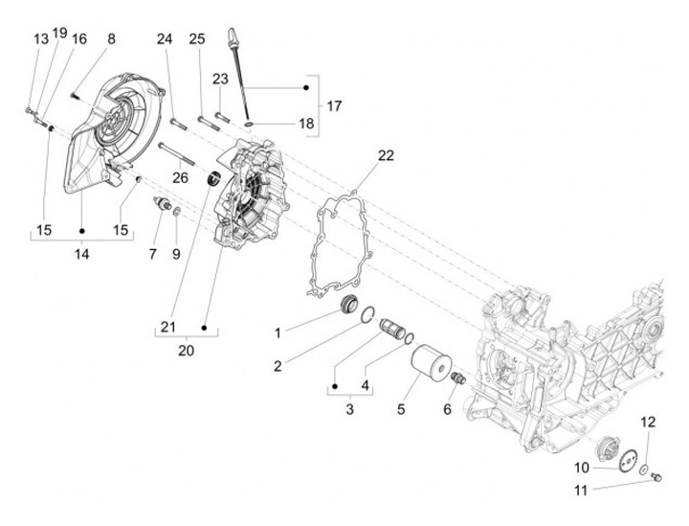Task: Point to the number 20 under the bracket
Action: pyautogui.click(x=186, y=350)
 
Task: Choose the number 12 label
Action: pyautogui.click(x=648, y=423)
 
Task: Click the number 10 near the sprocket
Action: pyautogui.click(x=582, y=468)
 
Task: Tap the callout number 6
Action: pyautogui.click(x=446, y=409)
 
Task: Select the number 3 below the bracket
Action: pyautogui.click(x=350, y=409)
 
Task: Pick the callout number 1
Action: pyautogui.click(x=277, y=332)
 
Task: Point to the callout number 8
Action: pyautogui.click(x=111, y=39)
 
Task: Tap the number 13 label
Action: pyautogui.click(x=40, y=39)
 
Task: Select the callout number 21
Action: pyautogui.click(x=168, y=327)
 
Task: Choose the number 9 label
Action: pyautogui.click(x=175, y=254)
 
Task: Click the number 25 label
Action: pyautogui.click(x=197, y=39)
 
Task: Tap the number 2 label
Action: pyautogui.click(x=277, y=365)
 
